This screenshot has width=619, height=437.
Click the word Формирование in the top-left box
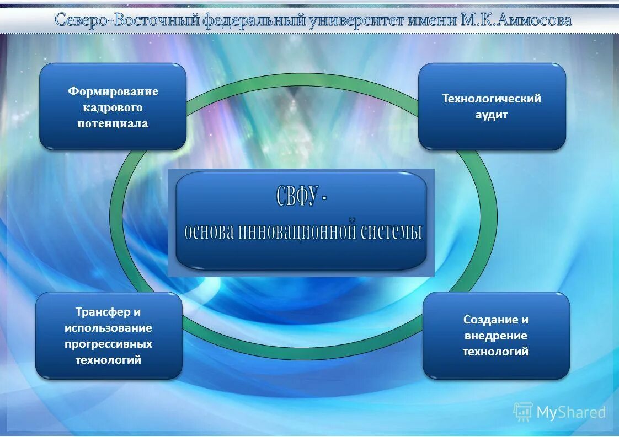113,91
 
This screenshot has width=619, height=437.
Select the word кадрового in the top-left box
113,107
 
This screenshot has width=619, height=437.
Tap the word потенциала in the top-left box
113,123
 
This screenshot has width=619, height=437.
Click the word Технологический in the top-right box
492,99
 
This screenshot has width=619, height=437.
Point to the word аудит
492,115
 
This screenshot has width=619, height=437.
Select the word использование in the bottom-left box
108,328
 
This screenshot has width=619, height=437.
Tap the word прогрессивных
108,344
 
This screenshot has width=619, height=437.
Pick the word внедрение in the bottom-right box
495,336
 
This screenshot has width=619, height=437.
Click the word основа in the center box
210,231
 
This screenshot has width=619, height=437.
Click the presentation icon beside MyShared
522,412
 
